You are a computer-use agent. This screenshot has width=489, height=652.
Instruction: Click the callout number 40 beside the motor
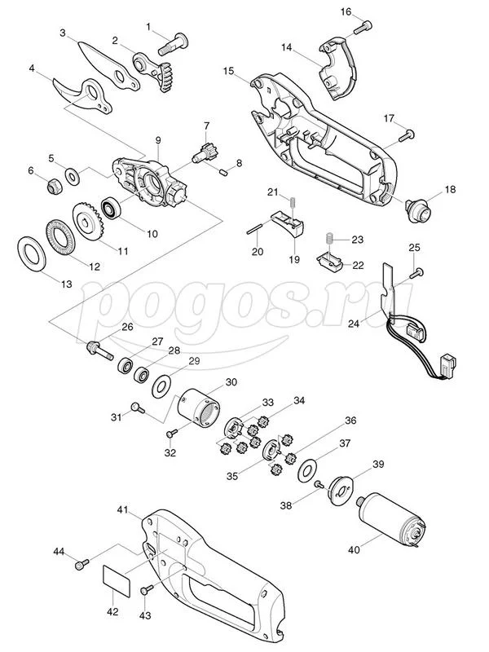[x=354, y=549]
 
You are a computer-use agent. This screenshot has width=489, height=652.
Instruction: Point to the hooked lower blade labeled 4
[x=83, y=95]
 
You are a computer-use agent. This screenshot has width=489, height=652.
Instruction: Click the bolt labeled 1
[x=174, y=44]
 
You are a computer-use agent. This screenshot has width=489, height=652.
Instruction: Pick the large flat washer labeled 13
[x=31, y=254]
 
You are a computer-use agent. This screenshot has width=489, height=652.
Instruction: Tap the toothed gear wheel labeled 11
[x=88, y=221]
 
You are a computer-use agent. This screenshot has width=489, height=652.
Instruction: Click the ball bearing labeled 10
[x=112, y=209]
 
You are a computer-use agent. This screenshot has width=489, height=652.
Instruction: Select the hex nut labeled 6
[x=54, y=187]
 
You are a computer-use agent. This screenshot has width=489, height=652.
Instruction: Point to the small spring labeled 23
[x=328, y=239]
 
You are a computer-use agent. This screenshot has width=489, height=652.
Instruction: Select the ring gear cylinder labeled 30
[x=198, y=409]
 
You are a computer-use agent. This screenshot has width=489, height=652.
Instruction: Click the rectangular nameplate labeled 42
[x=117, y=581]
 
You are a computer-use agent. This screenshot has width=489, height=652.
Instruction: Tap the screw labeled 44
[x=82, y=564]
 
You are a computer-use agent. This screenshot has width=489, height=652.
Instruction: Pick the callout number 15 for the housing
[x=229, y=71]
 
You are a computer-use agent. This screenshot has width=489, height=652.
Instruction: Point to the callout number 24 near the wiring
[x=354, y=323]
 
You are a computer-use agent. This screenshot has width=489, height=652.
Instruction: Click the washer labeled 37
[x=309, y=471]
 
